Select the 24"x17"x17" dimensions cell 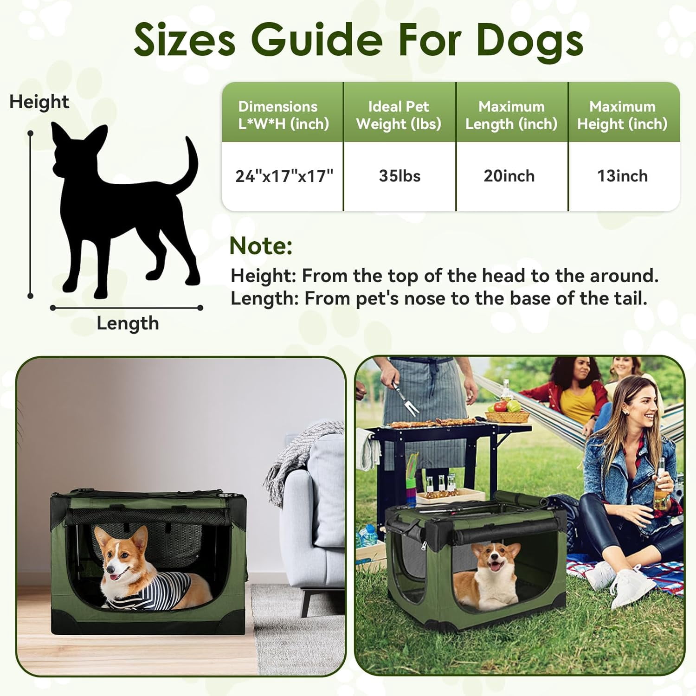(284, 176)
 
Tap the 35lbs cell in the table (400, 176)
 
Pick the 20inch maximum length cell (509, 176)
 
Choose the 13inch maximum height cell (622, 176)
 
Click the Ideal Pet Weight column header (399, 115)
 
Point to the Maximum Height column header (622, 115)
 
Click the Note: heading (261, 246)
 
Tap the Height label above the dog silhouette (39, 102)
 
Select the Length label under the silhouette (128, 323)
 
